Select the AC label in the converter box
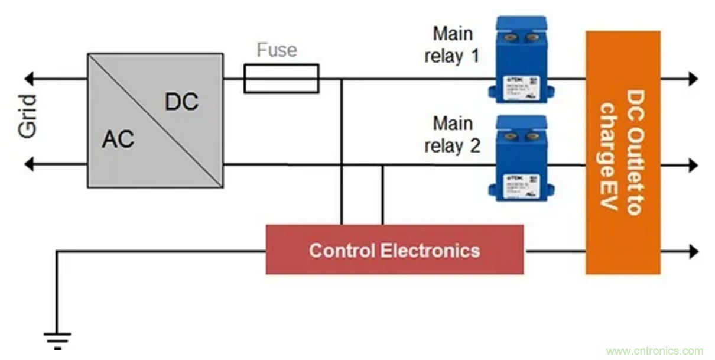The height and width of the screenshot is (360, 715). coord(118,140)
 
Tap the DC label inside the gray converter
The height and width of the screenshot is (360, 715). coord(181,102)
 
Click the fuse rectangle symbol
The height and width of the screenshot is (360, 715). coord(281,79)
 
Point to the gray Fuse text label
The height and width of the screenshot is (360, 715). coord(277,50)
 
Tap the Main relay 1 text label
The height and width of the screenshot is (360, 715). coord(453,45)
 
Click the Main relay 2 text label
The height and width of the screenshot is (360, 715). coord(453,135)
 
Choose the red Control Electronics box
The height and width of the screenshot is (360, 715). coord(394,249)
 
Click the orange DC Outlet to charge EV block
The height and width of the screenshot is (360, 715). coord(622,153)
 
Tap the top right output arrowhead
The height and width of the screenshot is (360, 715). coord(693,78)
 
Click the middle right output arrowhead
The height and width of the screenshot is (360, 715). coord(693,164)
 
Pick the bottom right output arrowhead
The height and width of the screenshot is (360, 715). coord(693,251)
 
